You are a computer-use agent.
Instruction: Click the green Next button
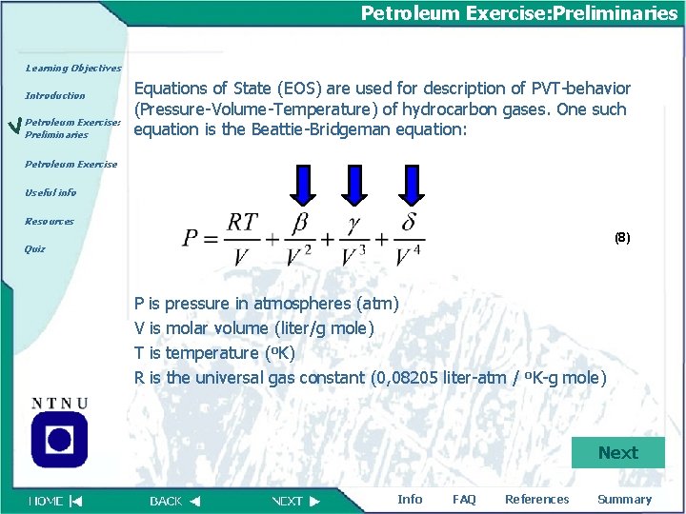click(x=617, y=453)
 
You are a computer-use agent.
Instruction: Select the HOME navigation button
click(x=55, y=501)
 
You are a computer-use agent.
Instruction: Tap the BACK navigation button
click(x=174, y=501)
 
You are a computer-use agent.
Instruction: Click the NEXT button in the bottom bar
click(x=295, y=501)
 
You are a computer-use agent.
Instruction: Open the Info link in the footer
click(x=410, y=500)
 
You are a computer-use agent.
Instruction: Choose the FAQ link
click(x=464, y=500)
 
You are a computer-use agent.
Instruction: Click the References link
click(x=536, y=500)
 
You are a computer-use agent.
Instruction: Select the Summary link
click(x=624, y=500)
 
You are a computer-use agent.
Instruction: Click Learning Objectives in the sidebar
click(x=73, y=69)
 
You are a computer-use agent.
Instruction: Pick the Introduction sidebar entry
click(x=55, y=96)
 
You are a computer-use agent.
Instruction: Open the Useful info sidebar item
click(x=50, y=192)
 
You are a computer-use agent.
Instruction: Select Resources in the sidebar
click(x=50, y=221)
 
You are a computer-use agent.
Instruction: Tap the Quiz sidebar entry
click(x=34, y=249)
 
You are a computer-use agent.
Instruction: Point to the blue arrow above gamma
click(x=354, y=185)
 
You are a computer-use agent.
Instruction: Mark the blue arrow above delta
click(x=412, y=185)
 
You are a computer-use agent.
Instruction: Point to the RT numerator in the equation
click(x=242, y=222)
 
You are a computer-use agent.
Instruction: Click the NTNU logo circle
click(x=59, y=440)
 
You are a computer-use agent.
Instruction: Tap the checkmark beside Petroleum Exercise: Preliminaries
click(x=12, y=126)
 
